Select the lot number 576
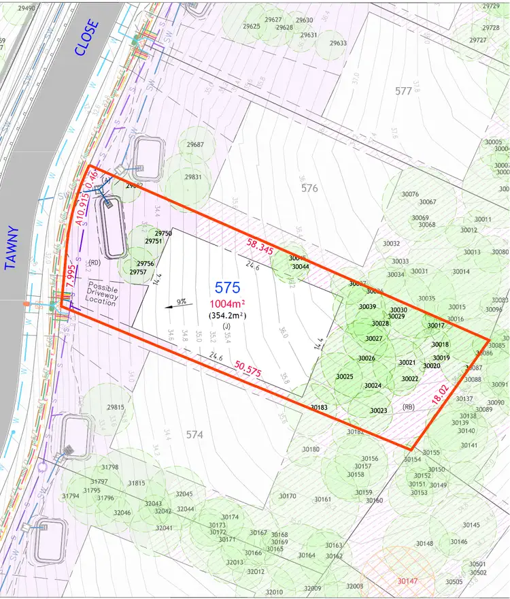(x=309, y=188)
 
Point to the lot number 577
(x=404, y=91)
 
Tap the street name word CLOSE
(x=87, y=37)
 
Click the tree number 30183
(x=319, y=408)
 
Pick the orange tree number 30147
(x=407, y=581)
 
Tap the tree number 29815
(x=116, y=407)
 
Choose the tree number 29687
(x=195, y=145)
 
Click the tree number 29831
(x=192, y=177)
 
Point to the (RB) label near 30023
(x=408, y=407)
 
